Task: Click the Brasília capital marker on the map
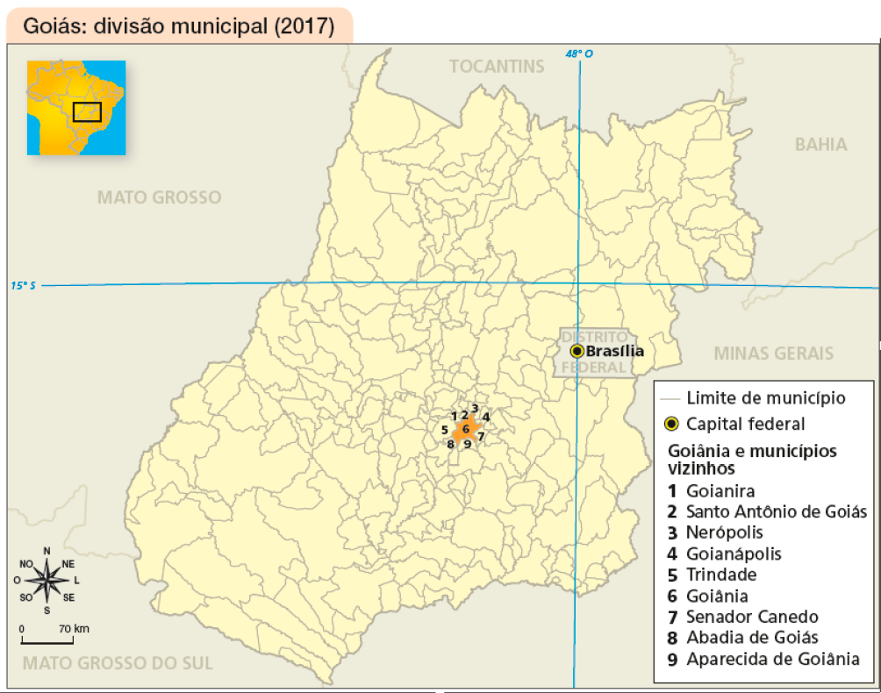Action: (x=577, y=351)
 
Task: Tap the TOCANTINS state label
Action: (x=497, y=67)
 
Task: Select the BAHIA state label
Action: (x=820, y=144)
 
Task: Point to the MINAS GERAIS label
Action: (x=773, y=354)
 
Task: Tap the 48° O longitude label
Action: (x=579, y=54)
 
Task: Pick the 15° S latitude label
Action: (x=24, y=285)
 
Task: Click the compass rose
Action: (x=47, y=580)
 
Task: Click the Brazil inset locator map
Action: (x=76, y=108)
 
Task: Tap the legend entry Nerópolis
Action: (x=724, y=532)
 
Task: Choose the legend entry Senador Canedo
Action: (x=751, y=617)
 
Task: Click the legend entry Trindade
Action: (x=720, y=575)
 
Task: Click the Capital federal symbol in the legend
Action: (x=671, y=425)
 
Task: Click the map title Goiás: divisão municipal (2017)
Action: (x=179, y=25)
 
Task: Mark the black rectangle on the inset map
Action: (x=87, y=111)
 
